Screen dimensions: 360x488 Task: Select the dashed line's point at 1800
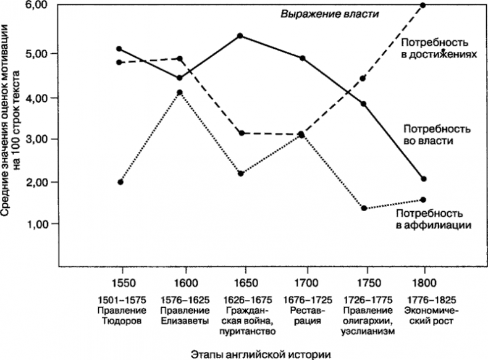pos(423,5)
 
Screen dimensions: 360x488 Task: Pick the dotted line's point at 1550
pos(120,182)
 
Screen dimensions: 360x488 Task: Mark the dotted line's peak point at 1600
pos(180,93)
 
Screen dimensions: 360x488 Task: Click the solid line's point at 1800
pos(423,179)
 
